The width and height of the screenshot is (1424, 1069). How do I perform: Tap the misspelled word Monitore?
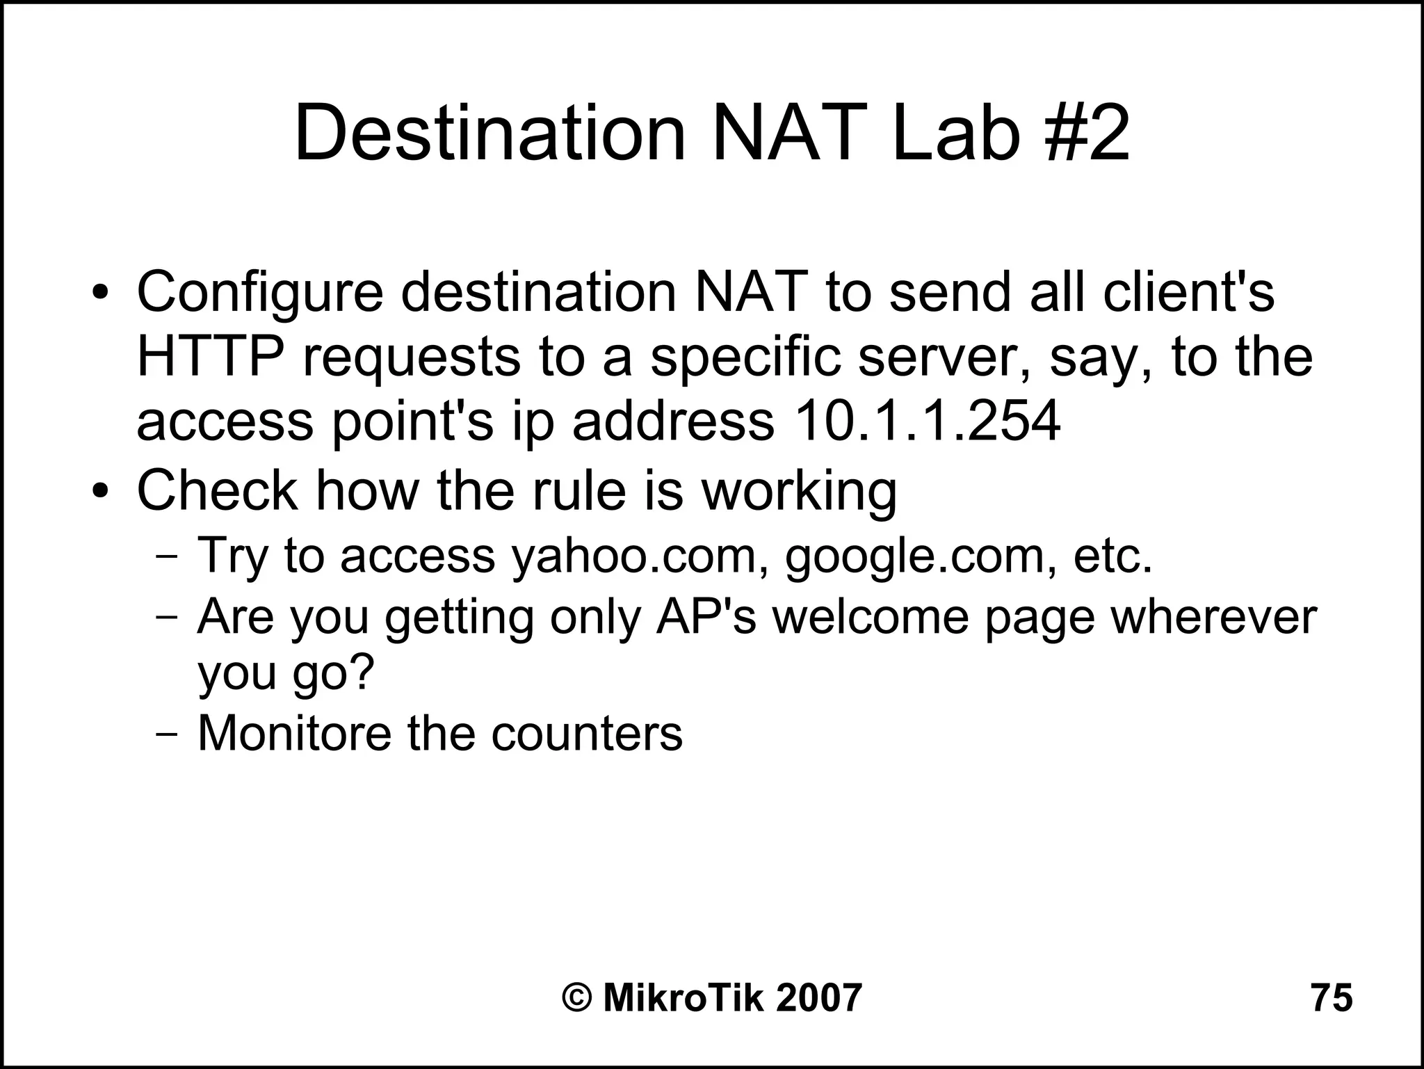coord(294,732)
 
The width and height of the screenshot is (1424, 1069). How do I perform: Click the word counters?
coord(587,734)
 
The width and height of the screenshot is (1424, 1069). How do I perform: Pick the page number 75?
coord(1332,997)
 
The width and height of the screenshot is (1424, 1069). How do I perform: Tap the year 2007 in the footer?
coord(818,997)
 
